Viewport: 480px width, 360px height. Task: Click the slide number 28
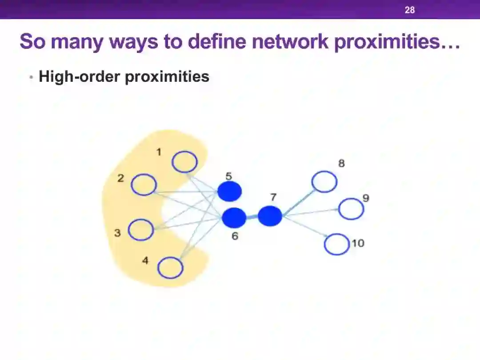pos(409,10)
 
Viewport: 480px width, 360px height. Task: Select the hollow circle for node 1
pos(184,162)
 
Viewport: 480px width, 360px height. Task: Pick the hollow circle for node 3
pos(141,230)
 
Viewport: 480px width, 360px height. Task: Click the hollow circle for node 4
pos(171,268)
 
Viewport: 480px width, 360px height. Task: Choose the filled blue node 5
pos(229,192)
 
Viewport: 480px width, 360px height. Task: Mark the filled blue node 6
pos(234,217)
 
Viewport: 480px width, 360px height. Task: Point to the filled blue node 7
pos(270,216)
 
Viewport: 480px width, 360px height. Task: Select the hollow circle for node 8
pos(324,182)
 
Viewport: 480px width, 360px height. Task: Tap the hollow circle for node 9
pos(351,209)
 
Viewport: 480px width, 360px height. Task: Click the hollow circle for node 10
pos(337,244)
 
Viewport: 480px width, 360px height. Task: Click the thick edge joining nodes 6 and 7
pos(252,217)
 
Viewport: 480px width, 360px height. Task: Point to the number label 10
pos(358,243)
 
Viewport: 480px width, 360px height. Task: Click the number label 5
pos(228,176)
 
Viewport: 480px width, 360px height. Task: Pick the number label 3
pos(117,232)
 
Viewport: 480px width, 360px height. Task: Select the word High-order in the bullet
pos(79,76)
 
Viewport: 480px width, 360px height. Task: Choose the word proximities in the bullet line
pos(167,76)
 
